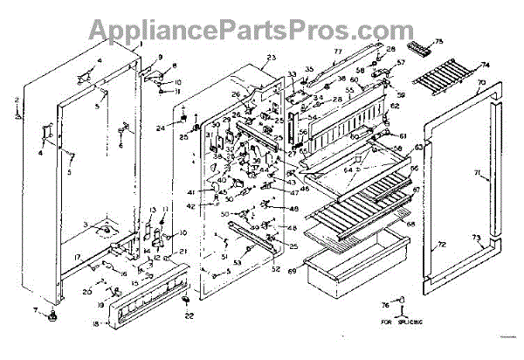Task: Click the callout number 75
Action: point(438,42)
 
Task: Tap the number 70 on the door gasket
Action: point(480,86)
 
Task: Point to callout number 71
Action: point(477,174)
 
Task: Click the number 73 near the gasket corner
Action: point(476,238)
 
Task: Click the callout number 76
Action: point(384,304)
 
